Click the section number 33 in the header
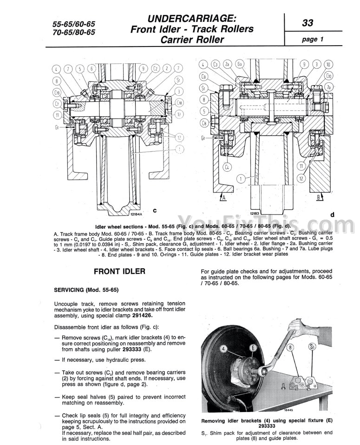pyautogui.click(x=308, y=22)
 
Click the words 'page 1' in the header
pyautogui.click(x=313, y=39)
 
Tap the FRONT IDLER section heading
pyautogui.click(x=119, y=271)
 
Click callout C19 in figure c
pyautogui.click(x=57, y=93)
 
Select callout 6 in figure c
pyautogui.click(x=91, y=69)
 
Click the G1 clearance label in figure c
pyautogui.click(x=57, y=126)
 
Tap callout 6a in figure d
pyautogui.click(x=240, y=64)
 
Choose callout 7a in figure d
pyautogui.click(x=329, y=87)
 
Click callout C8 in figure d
pyautogui.click(x=203, y=123)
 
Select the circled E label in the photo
pyautogui.click(x=253, y=347)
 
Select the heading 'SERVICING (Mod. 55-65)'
pyautogui.click(x=86, y=290)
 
